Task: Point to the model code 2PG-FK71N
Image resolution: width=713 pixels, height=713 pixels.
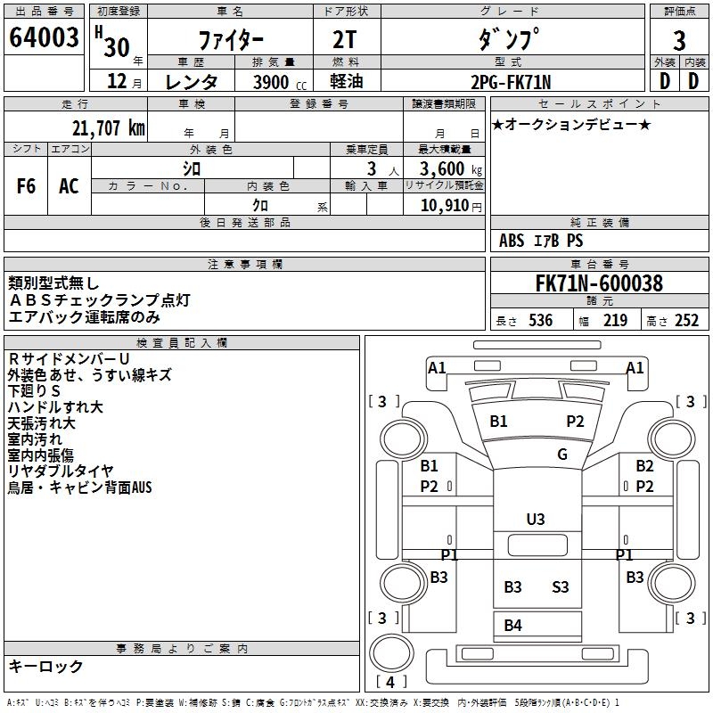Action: pos(512,82)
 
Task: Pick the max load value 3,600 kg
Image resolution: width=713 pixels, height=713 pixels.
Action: pos(443,169)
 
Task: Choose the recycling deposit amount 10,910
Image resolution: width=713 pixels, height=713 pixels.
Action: pos(442,205)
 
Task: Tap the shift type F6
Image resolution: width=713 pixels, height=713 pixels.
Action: pos(27,186)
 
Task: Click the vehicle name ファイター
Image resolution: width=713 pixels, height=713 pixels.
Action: pos(229,40)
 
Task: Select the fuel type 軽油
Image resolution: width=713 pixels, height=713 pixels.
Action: pos(346,82)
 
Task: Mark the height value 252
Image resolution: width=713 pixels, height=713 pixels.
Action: pos(685,321)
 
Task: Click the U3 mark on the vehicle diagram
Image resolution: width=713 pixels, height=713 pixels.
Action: pos(536,519)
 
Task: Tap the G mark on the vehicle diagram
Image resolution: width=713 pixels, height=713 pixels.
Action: pos(562,454)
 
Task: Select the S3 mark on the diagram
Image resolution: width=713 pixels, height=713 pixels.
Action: pos(560,586)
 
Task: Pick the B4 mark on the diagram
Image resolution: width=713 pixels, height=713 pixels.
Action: pos(512,626)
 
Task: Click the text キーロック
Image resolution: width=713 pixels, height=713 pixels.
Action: pos(45,666)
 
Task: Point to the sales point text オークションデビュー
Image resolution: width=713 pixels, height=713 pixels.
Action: pos(571,124)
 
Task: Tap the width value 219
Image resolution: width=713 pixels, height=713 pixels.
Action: pos(615,321)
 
